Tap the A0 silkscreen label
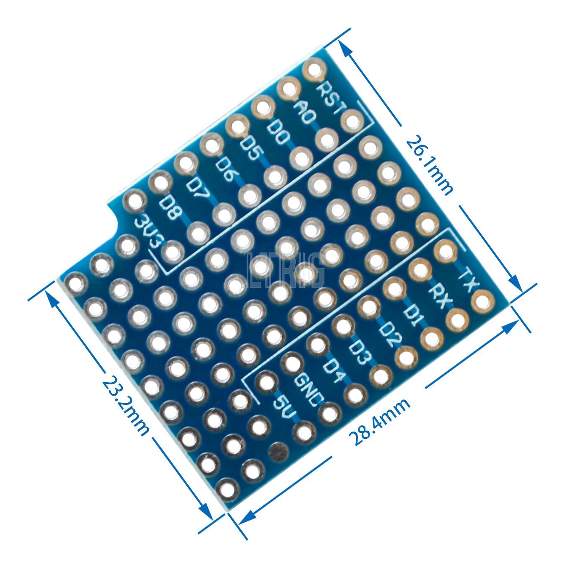coord(305,113)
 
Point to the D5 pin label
coord(250,150)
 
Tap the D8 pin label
coord(171,208)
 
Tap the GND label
coord(309,390)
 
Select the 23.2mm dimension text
coord(126,405)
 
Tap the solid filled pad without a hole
coord(278,451)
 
